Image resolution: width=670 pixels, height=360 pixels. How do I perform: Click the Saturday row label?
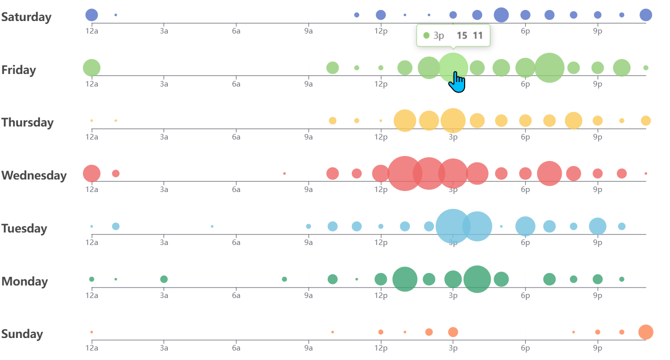pos(26,17)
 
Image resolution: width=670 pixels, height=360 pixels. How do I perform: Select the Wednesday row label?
pos(33,175)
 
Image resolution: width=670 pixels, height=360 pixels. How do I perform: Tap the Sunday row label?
pos(22,334)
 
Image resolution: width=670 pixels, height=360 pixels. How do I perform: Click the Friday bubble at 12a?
pos(91,67)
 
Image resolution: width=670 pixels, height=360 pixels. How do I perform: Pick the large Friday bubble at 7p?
pos(549,67)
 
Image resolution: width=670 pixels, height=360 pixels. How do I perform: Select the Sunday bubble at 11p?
pos(646,332)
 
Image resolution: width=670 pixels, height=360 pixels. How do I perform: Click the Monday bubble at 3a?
pos(164,279)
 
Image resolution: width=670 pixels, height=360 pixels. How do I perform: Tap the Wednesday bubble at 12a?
pos(91,173)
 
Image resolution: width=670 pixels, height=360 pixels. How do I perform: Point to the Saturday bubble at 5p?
pos(501,15)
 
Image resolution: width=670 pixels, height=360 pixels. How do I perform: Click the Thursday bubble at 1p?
pos(405,120)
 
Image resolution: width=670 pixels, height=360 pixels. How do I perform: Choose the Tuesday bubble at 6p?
pos(525,226)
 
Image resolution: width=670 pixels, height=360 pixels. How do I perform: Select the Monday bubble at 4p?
pos(477,279)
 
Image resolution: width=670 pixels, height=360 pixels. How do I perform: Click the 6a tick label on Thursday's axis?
pos(236,137)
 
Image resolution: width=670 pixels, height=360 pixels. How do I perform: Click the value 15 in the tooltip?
pos(462,35)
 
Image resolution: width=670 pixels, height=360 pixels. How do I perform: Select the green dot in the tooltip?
pos(426,35)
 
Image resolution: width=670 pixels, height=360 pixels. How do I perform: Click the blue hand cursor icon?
pos(457,82)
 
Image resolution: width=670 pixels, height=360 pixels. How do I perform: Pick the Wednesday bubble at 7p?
pos(549,173)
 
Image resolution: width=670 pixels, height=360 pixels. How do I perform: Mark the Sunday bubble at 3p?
pos(453,332)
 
